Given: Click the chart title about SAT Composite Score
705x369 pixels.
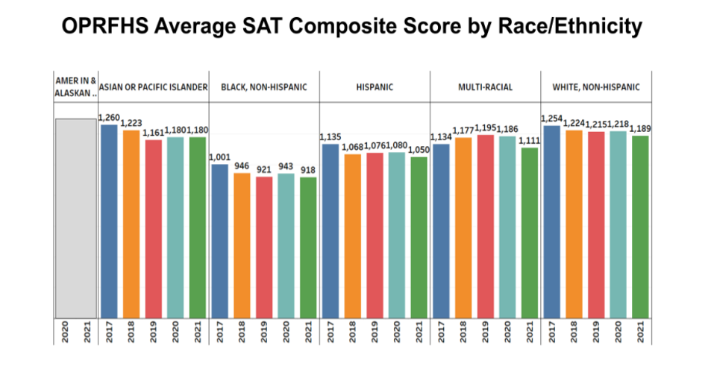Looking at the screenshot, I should (x=352, y=28).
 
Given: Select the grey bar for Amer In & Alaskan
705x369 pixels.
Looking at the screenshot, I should (x=75, y=218).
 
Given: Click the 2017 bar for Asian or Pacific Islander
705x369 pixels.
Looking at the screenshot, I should (x=109, y=222).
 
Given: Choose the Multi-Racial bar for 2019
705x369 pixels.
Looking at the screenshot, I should (x=486, y=227).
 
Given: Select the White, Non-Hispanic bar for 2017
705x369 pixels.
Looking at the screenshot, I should (x=552, y=222).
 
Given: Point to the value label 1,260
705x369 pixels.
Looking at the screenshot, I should (x=109, y=117).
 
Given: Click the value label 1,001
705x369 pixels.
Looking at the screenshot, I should (x=220, y=157).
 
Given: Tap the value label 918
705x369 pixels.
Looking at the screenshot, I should (x=307, y=171).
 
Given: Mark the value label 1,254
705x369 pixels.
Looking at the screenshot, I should (x=552, y=119).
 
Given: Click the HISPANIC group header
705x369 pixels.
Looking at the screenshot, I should (x=375, y=87).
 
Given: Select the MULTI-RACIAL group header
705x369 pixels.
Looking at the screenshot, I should (x=485, y=87).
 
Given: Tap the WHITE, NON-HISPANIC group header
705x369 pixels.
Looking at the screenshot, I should (x=596, y=87).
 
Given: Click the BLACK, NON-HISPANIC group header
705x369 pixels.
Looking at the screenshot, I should (x=263, y=87).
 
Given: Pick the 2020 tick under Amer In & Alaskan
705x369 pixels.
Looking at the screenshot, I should (x=65, y=333).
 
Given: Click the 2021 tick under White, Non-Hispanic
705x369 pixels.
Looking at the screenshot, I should (x=639, y=333).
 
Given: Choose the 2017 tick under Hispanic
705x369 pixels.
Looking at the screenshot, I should (x=330, y=333).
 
